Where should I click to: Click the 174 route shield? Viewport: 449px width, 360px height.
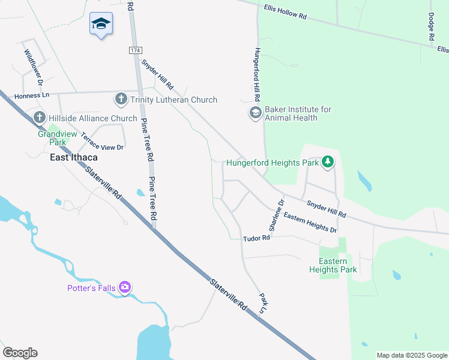pyautogui.click(x=135, y=50)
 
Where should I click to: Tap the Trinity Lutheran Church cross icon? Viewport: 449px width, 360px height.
pyautogui.click(x=121, y=99)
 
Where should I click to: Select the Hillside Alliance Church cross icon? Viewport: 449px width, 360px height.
pyautogui.click(x=40, y=118)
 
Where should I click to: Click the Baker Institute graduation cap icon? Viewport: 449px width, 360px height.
pyautogui.click(x=255, y=113)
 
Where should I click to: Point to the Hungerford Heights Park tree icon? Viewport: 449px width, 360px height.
pyautogui.click(x=327, y=162)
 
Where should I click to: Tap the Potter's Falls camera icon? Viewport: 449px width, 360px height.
pyautogui.click(x=125, y=287)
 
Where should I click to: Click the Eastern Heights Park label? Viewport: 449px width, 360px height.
pyautogui.click(x=333, y=266)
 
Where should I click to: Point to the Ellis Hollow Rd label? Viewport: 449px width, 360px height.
pyautogui.click(x=285, y=13)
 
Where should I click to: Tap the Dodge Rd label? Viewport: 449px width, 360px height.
pyautogui.click(x=431, y=28)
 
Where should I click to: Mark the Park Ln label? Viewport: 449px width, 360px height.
pyautogui.click(x=262, y=303)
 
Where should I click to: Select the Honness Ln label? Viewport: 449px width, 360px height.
pyautogui.click(x=32, y=95)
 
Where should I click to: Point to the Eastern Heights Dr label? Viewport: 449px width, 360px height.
pyautogui.click(x=310, y=223)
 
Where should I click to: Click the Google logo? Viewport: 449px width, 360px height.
pyautogui.click(x=20, y=353)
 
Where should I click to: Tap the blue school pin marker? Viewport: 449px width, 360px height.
pyautogui.click(x=101, y=25)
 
